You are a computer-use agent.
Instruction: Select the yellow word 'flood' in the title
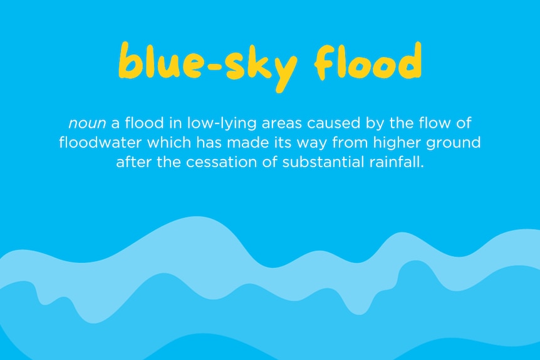click(368, 60)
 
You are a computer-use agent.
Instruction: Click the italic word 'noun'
click(87, 123)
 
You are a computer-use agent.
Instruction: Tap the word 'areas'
click(281, 123)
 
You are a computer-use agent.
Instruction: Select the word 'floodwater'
click(100, 142)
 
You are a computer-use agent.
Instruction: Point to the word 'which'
click(169, 142)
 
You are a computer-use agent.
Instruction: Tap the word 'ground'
click(453, 143)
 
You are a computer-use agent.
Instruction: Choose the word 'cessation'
click(221, 162)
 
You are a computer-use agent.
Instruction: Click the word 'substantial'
click(323, 162)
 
